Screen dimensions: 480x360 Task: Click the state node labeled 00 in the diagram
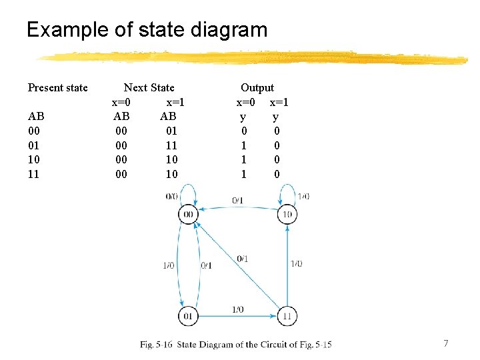tap(188, 214)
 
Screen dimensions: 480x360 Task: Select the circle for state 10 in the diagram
tap(287, 214)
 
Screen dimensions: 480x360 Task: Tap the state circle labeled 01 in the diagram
tap(188, 315)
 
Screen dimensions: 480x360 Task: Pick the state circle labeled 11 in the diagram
tap(287, 315)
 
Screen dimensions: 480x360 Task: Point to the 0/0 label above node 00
tap(171, 196)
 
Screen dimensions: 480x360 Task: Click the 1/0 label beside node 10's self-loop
tap(303, 196)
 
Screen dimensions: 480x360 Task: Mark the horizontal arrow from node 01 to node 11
tap(237, 315)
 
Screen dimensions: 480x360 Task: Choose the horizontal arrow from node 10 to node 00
tap(237, 207)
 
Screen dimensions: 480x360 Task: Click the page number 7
tap(446, 343)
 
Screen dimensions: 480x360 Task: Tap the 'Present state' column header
tap(57, 87)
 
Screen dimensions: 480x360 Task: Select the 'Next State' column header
tap(149, 87)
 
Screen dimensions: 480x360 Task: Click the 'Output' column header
tap(257, 87)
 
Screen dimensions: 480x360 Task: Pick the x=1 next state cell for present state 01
tap(171, 145)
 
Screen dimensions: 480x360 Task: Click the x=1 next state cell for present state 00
tap(171, 131)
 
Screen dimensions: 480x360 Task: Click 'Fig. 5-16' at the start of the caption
tap(156, 345)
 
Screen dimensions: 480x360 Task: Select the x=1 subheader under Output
tap(279, 103)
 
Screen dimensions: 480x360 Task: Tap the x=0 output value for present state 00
tap(244, 131)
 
